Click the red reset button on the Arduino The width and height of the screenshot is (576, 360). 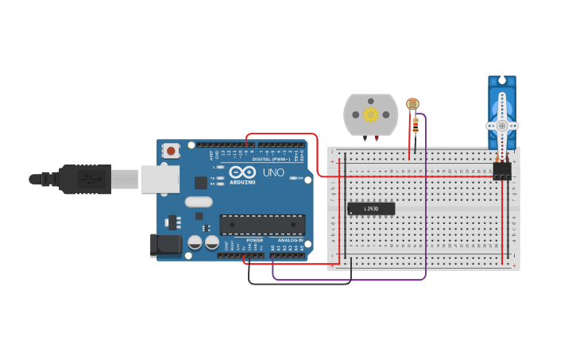(x=171, y=150)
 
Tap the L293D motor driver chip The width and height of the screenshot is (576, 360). (x=371, y=209)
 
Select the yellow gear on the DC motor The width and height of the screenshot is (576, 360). (x=371, y=114)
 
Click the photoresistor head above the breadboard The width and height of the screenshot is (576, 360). (x=412, y=103)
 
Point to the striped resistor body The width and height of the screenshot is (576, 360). (x=415, y=123)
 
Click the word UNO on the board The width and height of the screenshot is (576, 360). (x=273, y=172)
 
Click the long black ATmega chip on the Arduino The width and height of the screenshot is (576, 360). (x=262, y=224)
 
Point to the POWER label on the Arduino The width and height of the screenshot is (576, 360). (x=254, y=240)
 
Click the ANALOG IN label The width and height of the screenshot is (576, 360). (x=291, y=240)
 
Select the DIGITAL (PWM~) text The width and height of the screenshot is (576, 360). (x=270, y=159)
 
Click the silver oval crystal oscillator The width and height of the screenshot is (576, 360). (x=199, y=202)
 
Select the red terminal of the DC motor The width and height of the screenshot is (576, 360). (x=365, y=137)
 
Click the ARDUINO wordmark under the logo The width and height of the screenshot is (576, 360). (x=242, y=182)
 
